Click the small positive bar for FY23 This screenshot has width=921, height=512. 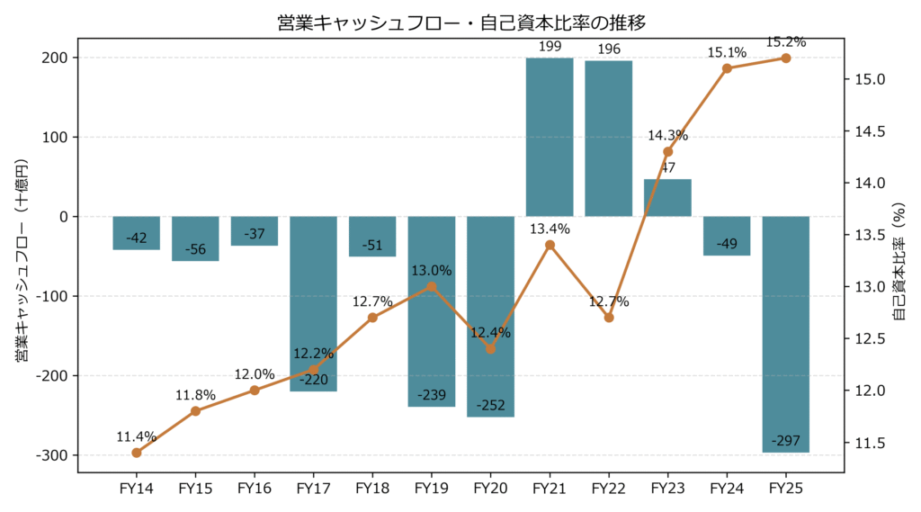667,198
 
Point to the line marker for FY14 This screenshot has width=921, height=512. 136,453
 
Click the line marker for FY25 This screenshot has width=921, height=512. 786,58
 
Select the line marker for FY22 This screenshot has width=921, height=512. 609,318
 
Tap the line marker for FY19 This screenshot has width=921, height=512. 431,286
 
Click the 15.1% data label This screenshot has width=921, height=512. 727,52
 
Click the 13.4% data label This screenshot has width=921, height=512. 550,229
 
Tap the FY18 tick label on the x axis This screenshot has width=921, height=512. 371,489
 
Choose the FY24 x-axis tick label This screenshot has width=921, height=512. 727,489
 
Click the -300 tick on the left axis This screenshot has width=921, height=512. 52,455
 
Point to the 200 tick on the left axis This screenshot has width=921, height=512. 56,58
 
